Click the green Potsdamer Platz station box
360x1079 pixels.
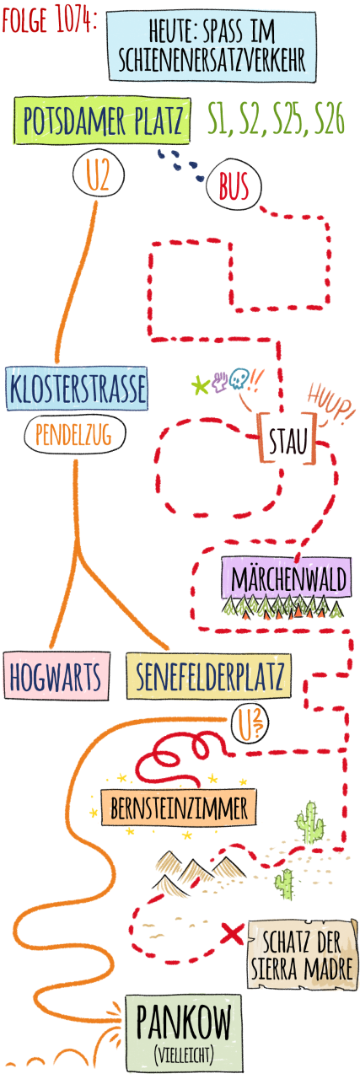pos(101,121)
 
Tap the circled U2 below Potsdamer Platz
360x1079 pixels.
pos(99,174)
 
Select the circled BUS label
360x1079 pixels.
pos(234,186)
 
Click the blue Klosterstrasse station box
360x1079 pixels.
pos(77,389)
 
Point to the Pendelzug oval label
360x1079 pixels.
pos(75,435)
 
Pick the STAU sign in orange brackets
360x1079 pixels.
pos(287,438)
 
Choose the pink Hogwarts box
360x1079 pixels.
pos(56,676)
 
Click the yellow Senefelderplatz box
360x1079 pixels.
pos(209,676)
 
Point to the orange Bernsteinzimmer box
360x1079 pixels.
pos(179,808)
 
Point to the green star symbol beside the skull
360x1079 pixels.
pos(199,385)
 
